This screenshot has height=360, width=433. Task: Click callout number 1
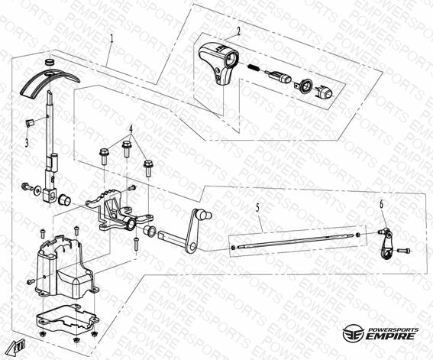(111, 38)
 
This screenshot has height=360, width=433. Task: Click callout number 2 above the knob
(238, 31)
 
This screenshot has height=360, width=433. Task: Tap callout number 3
(27, 143)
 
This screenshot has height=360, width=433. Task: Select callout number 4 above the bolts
(131, 128)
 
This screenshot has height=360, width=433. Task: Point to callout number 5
(258, 208)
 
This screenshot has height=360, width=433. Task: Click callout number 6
(381, 204)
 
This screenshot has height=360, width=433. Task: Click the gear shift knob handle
(218, 63)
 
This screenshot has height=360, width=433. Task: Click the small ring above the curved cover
(49, 62)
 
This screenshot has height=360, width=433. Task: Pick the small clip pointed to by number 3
(29, 122)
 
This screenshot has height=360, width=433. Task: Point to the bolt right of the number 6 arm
(404, 251)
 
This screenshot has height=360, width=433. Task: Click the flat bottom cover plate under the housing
(68, 317)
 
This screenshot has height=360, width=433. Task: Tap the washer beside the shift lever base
(37, 190)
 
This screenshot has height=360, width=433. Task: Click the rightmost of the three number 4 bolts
(148, 167)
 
